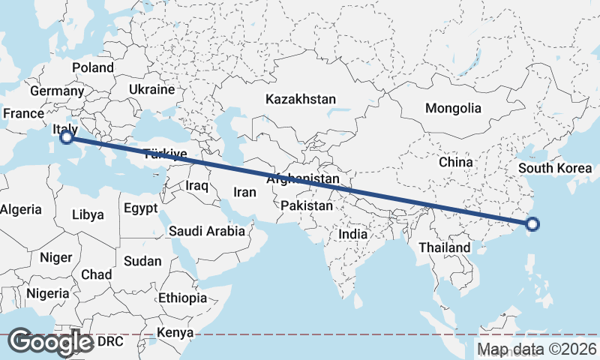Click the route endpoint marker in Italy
click(x=67, y=137)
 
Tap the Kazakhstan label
click(x=301, y=99)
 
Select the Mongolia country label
click(x=453, y=108)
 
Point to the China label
click(x=456, y=161)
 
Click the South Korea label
click(x=555, y=167)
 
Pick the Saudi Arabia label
click(x=207, y=231)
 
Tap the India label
click(x=353, y=234)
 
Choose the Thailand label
click(x=444, y=247)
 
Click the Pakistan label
click(x=307, y=205)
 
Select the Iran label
click(x=244, y=192)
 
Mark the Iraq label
click(x=197, y=184)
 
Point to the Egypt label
click(x=141, y=208)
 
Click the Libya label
click(x=88, y=214)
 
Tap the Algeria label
click(x=20, y=210)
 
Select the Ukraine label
click(x=151, y=89)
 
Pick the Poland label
click(x=93, y=67)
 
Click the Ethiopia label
click(x=182, y=298)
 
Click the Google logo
click(x=51, y=342)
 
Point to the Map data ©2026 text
click(x=537, y=349)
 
